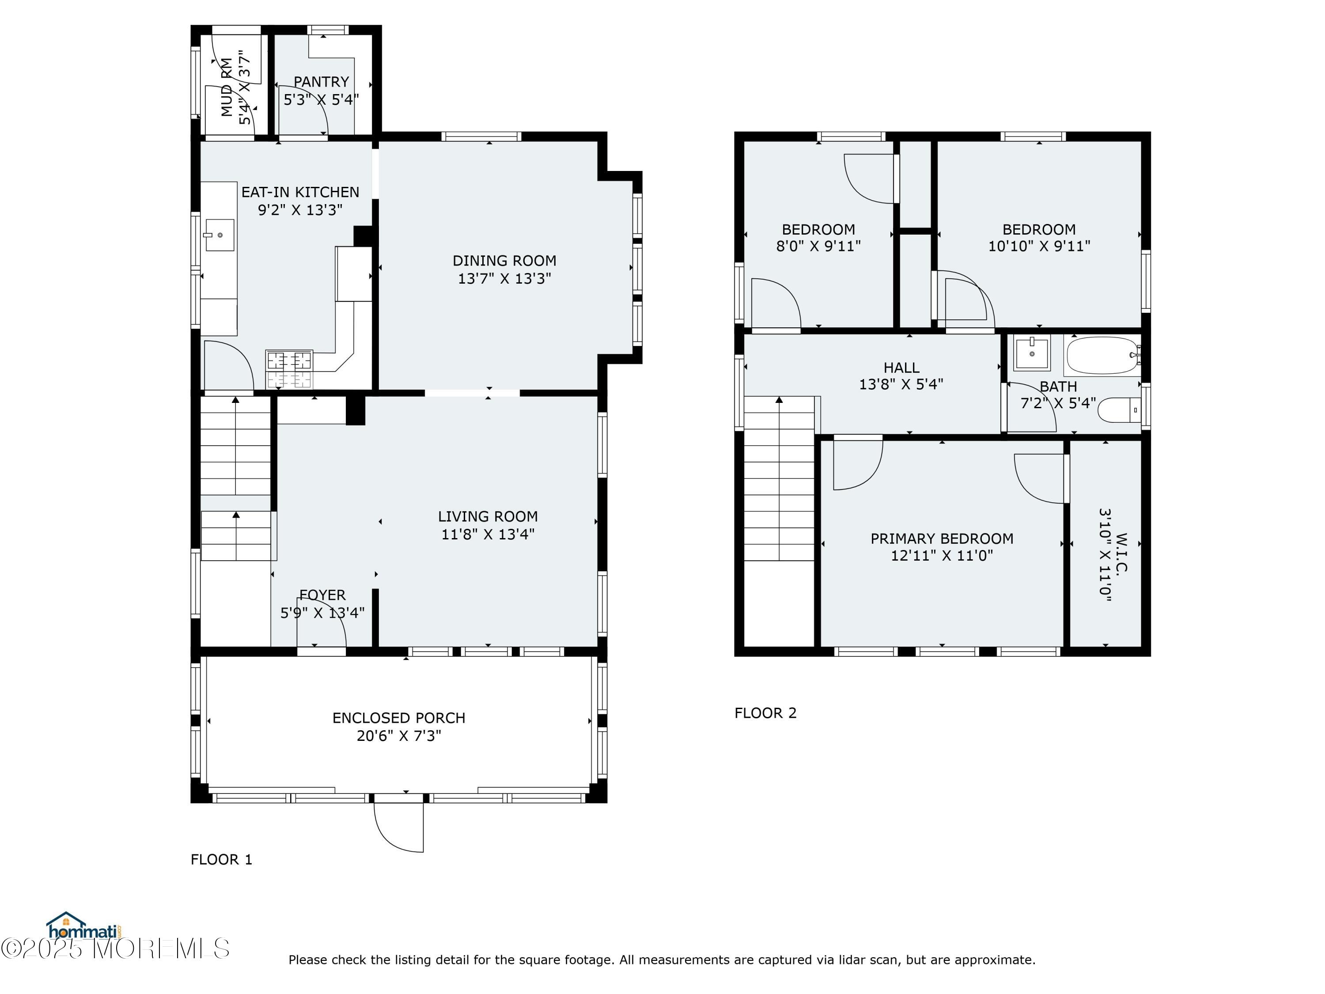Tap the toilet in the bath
[x=1119, y=410]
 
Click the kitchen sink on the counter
[x=219, y=235]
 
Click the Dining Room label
[x=504, y=261]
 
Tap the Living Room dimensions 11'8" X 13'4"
[x=488, y=534]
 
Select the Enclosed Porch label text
[x=399, y=718]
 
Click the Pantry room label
[x=321, y=81]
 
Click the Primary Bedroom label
[x=942, y=539]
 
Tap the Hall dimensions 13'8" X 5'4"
[x=901, y=384]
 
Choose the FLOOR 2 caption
[x=765, y=713]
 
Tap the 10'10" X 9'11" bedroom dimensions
[x=1039, y=246]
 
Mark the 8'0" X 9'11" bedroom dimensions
[x=818, y=246]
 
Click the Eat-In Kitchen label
[x=300, y=192]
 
